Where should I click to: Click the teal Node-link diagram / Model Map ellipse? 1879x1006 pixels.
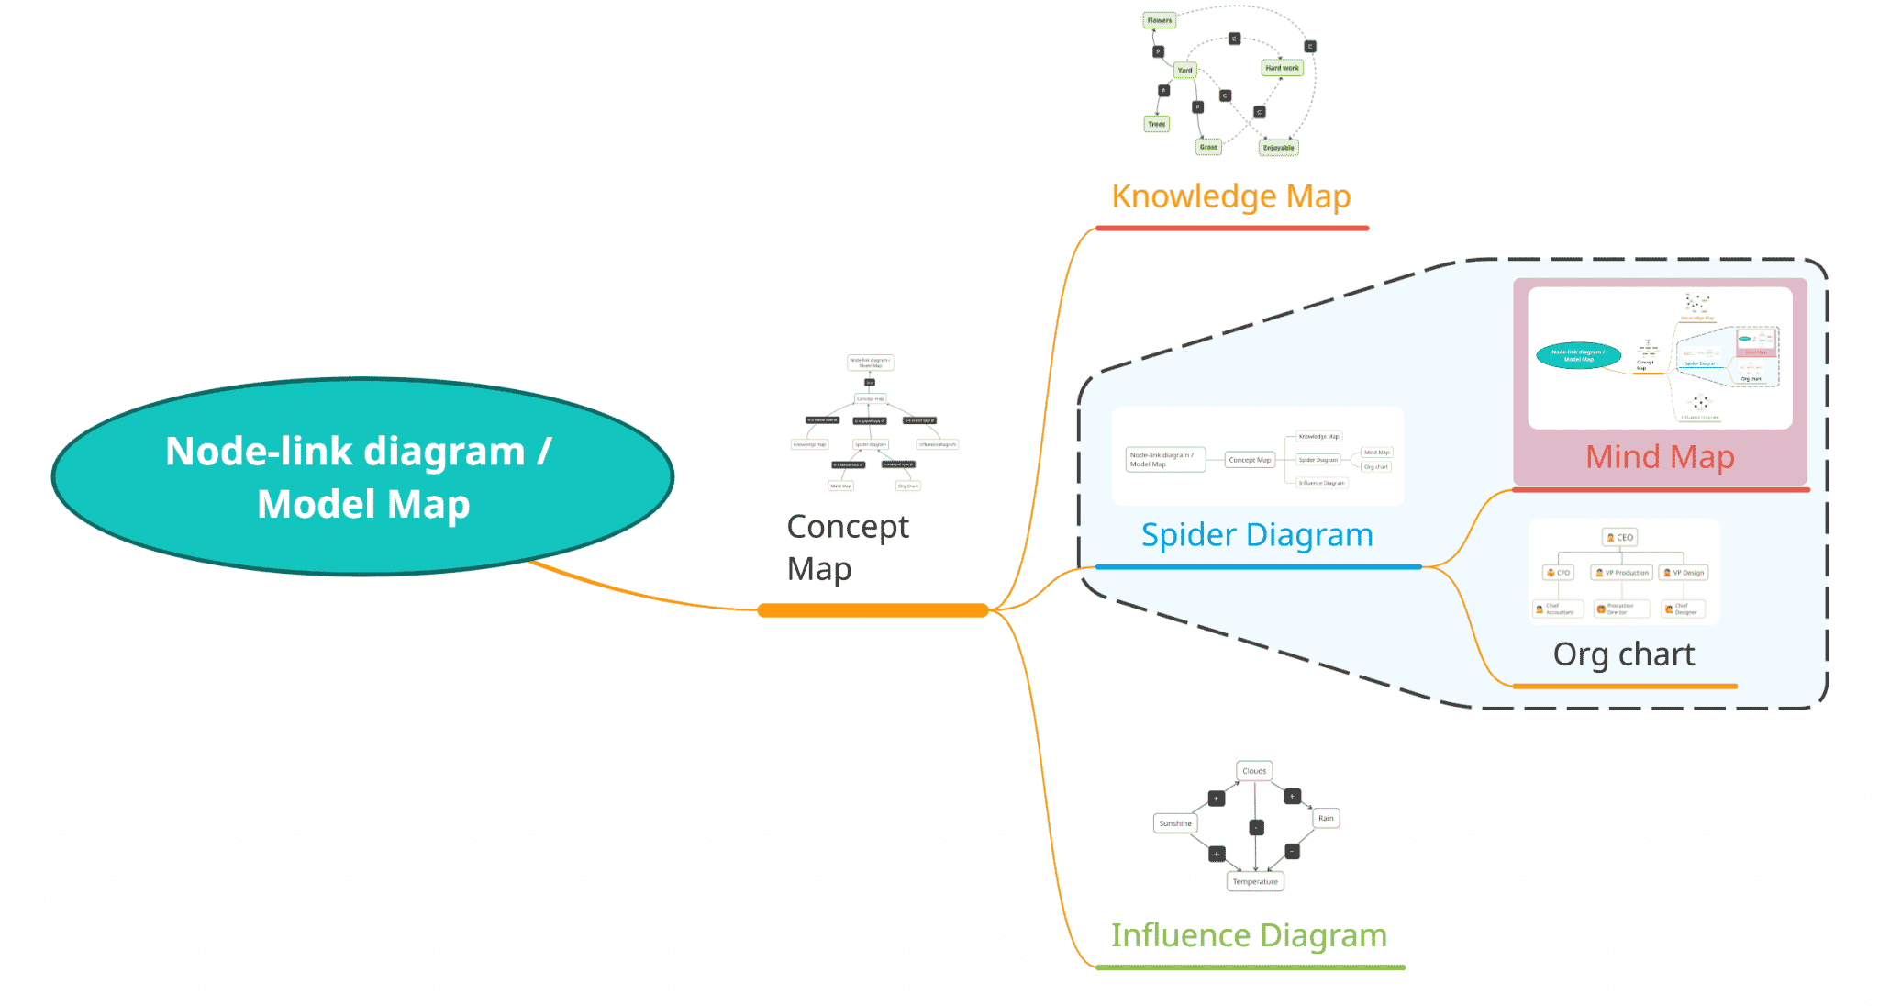pos(362,477)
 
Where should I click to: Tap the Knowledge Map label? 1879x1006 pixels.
pos(1230,196)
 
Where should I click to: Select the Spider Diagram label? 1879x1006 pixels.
pos(1256,535)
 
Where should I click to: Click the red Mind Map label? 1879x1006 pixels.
pos(1660,457)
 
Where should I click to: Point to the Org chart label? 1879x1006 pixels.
pos(1623,654)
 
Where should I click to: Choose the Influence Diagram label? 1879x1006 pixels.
pos(1249,935)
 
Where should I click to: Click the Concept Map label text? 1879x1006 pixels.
pos(847,548)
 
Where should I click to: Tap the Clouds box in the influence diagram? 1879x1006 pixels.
pos(1254,771)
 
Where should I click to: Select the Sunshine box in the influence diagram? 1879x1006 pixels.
pos(1174,823)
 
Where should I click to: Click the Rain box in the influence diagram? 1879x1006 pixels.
pos(1326,818)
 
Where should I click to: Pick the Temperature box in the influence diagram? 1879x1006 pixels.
pos(1254,881)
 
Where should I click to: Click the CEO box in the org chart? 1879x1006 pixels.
pos(1620,537)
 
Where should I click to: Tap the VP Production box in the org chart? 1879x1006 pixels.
pos(1621,573)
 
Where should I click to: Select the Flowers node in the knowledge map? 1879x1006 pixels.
pos(1159,20)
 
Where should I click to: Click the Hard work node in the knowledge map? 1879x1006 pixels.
pos(1282,68)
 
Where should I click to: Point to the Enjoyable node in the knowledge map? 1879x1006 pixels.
pos(1278,148)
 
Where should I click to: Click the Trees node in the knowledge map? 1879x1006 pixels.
pos(1156,124)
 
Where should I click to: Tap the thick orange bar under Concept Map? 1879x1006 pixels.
pos(873,610)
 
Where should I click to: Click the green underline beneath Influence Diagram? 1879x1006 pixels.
pos(1250,967)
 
